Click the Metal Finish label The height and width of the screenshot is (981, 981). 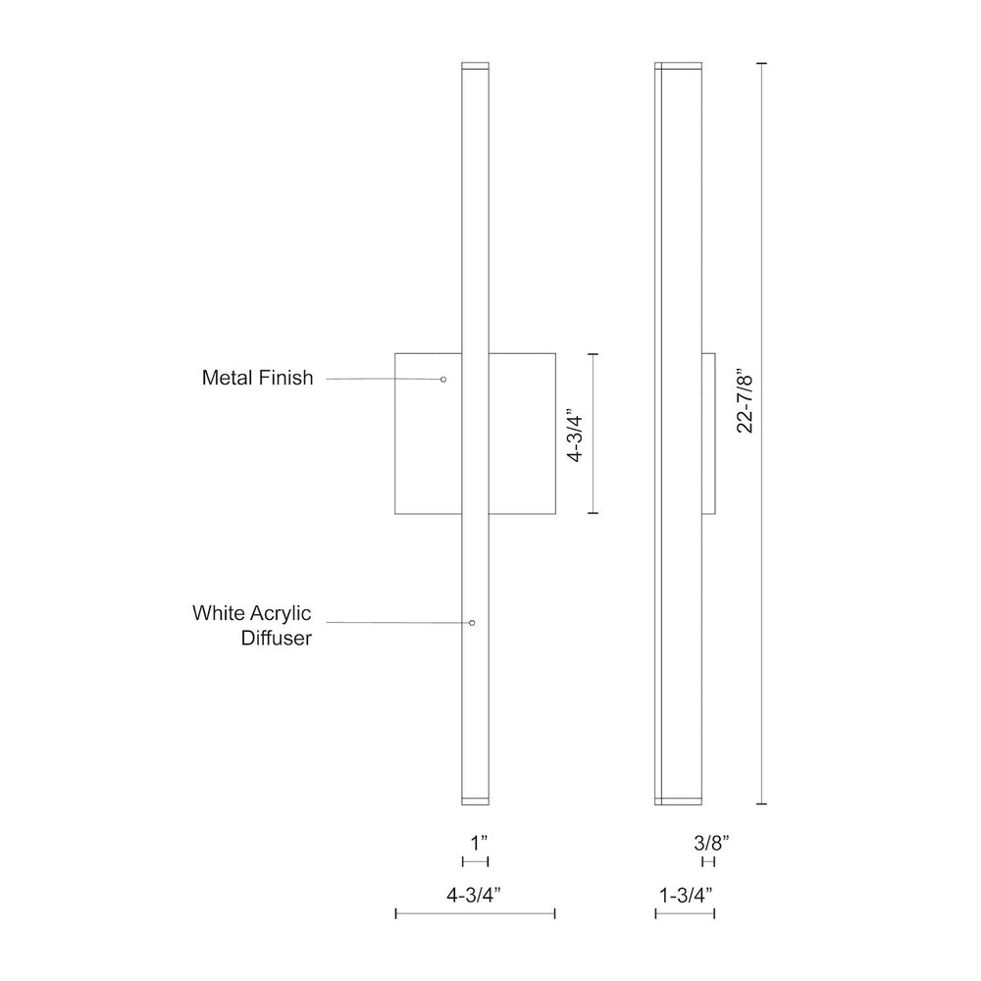tap(257, 378)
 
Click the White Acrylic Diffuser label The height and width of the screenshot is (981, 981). tap(252, 625)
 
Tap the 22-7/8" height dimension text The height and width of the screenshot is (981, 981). tap(746, 404)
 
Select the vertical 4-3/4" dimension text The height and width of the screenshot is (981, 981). tap(574, 437)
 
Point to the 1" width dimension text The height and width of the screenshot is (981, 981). tap(479, 843)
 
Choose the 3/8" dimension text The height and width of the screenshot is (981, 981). tap(711, 843)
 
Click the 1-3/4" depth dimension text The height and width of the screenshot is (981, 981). tap(686, 896)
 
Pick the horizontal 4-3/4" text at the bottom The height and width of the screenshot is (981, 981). tap(474, 896)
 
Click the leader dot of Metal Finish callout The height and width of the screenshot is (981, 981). tap(443, 379)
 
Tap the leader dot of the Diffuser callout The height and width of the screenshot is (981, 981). tap(473, 623)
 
